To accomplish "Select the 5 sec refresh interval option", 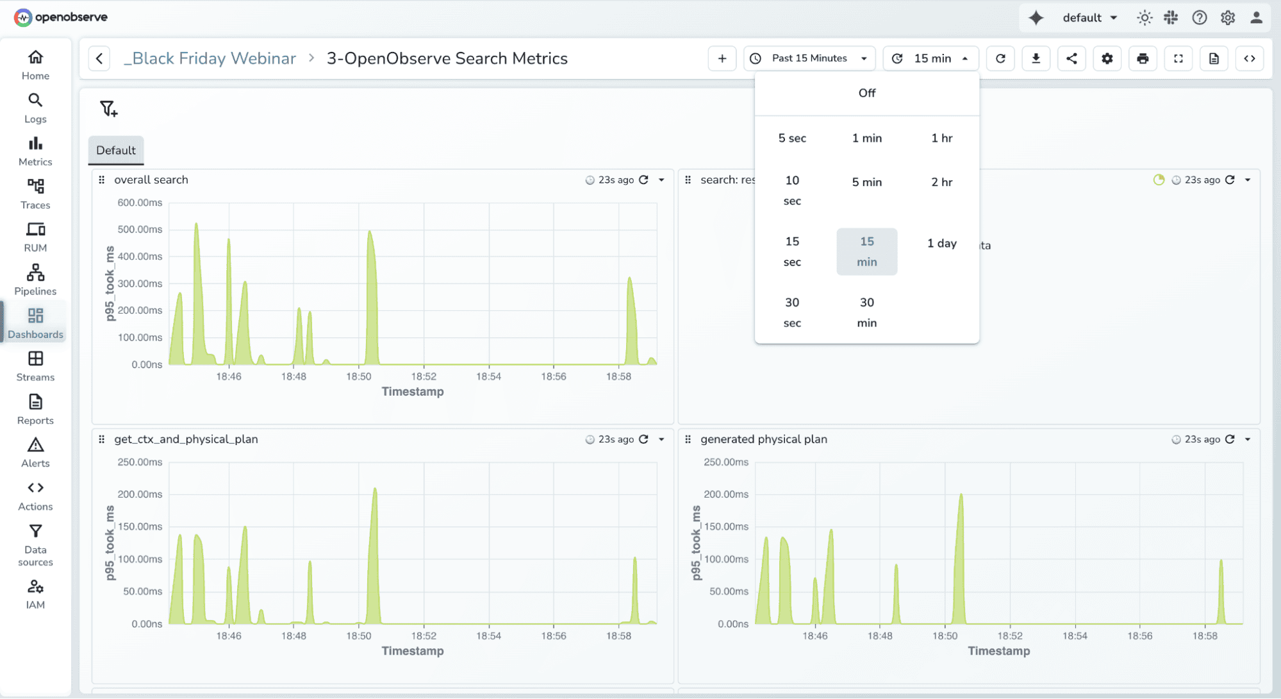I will tap(792, 138).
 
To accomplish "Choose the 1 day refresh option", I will tap(941, 243).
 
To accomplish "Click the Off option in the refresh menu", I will tap(866, 93).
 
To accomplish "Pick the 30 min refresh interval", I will tap(866, 312).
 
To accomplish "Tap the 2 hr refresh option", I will tap(941, 182).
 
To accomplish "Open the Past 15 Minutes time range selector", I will tap(811, 58).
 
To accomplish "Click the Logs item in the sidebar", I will tap(35, 108).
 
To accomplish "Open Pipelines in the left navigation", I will tap(35, 280).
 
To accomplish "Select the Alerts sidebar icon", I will tap(35, 452).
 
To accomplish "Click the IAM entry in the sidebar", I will tap(35, 594).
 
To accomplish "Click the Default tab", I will tap(116, 150).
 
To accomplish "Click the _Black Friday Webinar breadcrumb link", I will tap(210, 58).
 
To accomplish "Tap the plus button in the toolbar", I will tap(722, 58).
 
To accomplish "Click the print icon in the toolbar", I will tap(1143, 58).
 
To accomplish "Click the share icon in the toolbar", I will tap(1071, 58).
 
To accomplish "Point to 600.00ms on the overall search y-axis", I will tap(140, 203).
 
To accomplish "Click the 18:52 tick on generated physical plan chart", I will tap(1010, 636).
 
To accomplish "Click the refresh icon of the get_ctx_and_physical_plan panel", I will tap(643, 439).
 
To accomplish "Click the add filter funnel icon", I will tap(108, 108).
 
